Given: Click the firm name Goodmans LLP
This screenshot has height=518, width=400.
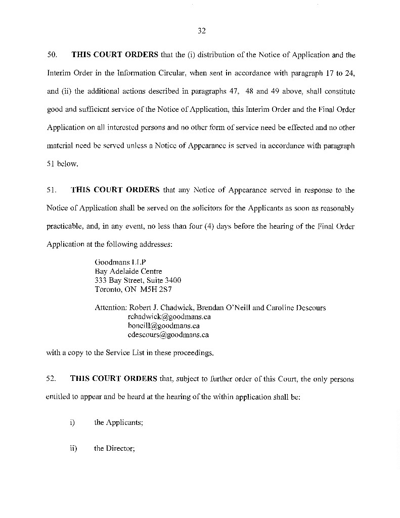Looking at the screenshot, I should tap(116, 262).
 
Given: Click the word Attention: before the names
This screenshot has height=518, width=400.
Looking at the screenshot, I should tap(111, 308).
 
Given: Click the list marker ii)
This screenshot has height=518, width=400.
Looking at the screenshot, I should tap(73, 448).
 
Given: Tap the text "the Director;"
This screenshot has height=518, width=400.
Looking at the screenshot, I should tap(114, 448).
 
